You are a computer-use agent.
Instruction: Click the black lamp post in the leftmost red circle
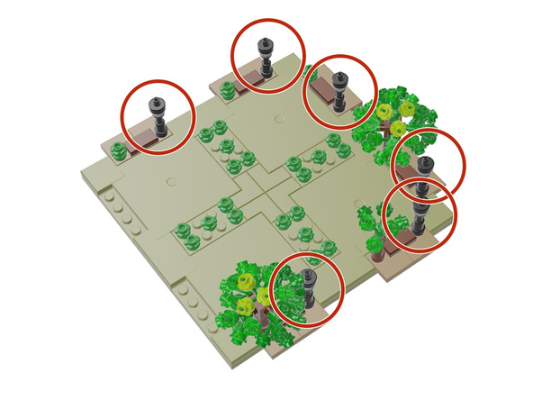[159, 116]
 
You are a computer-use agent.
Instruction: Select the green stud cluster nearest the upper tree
[339, 144]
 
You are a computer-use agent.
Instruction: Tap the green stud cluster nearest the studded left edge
[189, 232]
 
